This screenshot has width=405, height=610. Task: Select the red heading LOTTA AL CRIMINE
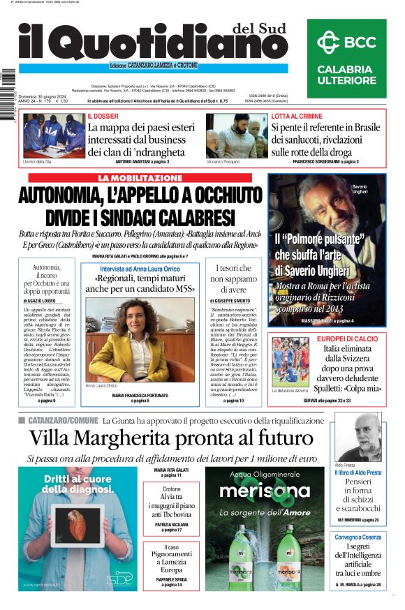pyautogui.click(x=297, y=115)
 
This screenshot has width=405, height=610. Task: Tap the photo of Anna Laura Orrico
pyautogui.click(x=121, y=339)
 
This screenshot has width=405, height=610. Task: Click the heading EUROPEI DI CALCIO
pyautogui.click(x=338, y=339)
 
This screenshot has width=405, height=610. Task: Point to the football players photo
pyautogui.click(x=290, y=362)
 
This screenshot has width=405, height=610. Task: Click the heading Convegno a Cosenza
pyautogui.click(x=358, y=538)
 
